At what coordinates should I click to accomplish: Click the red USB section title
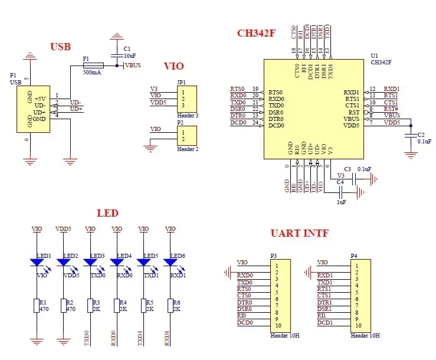pos(60,47)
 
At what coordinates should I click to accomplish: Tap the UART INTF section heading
pos(299,233)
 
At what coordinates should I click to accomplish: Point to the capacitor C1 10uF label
pos(129,52)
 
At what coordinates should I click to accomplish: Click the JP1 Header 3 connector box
pos(187,99)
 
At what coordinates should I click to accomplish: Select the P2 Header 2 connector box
pos(187,136)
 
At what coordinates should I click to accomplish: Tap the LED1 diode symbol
pos(37,261)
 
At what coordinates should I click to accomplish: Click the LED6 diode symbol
pos(170,261)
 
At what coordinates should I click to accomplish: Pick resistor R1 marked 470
pos(37,305)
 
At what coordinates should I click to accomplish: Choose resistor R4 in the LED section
pos(116,305)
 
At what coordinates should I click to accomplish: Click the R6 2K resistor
pos(170,305)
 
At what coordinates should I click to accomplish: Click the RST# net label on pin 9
pos(391,109)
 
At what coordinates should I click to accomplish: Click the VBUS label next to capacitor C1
pos(133,65)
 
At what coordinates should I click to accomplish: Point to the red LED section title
pos(107,213)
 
